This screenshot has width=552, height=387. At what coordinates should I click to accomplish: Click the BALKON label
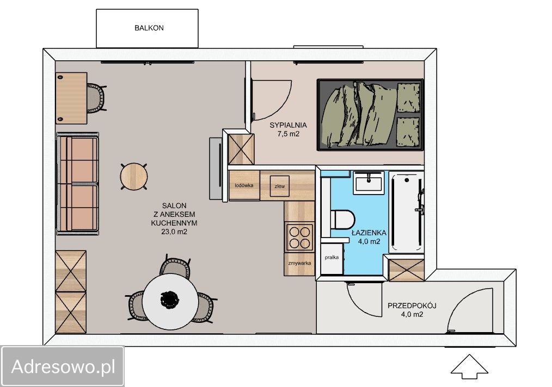(149, 28)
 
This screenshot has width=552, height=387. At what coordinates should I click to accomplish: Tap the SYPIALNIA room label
(288, 125)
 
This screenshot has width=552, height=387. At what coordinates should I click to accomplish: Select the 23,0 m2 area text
(174, 232)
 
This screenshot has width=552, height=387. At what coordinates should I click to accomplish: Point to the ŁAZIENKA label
(369, 232)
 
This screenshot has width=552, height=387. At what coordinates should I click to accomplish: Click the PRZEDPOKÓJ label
(412, 305)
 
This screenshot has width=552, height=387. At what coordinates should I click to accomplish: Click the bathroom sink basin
(369, 183)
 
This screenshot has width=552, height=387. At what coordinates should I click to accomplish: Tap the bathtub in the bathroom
(407, 212)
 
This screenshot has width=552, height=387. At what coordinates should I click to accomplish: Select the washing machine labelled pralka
(332, 257)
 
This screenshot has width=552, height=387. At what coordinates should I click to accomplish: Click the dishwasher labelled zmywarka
(299, 264)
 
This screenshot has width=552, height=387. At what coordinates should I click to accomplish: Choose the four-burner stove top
(299, 238)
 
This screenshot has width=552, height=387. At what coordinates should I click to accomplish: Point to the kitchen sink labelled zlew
(279, 186)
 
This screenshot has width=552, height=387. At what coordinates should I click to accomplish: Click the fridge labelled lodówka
(244, 185)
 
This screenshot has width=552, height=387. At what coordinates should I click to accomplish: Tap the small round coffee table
(134, 177)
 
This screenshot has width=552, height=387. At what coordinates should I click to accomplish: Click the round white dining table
(170, 302)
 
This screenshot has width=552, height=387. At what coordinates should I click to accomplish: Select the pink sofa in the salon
(77, 184)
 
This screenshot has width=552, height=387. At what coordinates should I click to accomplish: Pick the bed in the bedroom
(370, 115)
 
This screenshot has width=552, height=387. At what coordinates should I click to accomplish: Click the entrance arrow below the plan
(469, 367)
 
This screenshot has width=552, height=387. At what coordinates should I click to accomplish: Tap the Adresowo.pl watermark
(63, 366)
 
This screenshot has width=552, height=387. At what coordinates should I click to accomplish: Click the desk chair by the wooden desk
(96, 98)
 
